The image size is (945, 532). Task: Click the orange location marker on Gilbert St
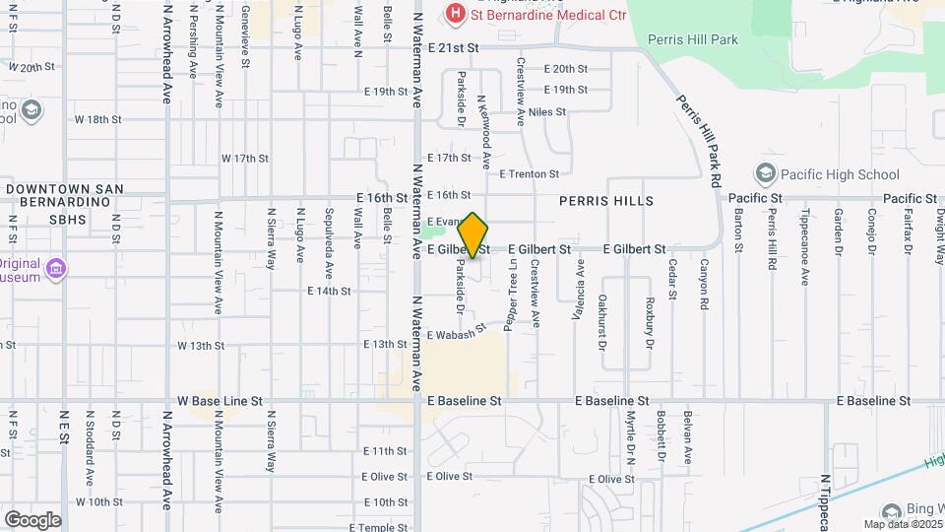[x=472, y=234]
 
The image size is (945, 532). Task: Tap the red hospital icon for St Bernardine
[x=455, y=13]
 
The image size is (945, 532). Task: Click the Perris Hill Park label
[x=693, y=40]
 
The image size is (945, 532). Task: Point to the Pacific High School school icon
[x=765, y=174]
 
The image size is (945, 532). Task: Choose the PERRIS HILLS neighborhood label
[x=606, y=201]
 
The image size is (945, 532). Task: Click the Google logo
[x=32, y=519]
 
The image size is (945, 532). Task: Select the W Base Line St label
[x=220, y=401]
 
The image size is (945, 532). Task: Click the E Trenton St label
[x=529, y=174]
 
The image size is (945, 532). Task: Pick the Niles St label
[x=547, y=112]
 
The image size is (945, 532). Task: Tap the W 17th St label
[x=245, y=158]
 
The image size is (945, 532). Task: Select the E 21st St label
[x=453, y=47]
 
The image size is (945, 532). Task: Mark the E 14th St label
[x=329, y=292]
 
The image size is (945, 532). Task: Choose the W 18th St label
[x=97, y=119]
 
